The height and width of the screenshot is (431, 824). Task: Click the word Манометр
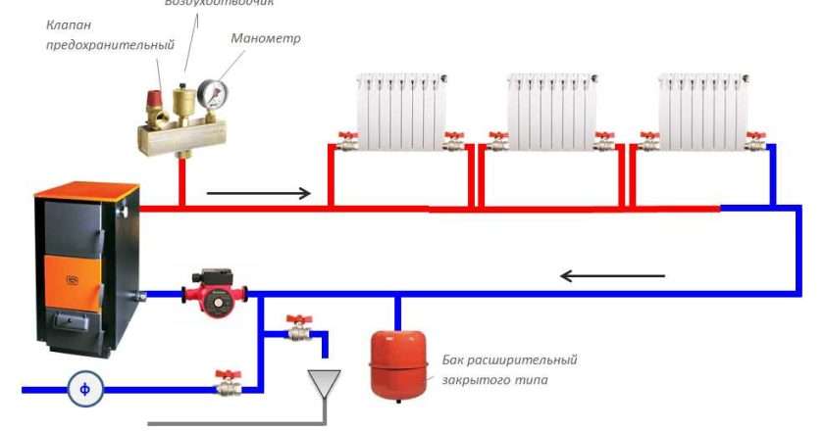266,39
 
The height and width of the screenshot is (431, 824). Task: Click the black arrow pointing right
258,193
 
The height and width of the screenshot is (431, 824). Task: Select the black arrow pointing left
612,275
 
